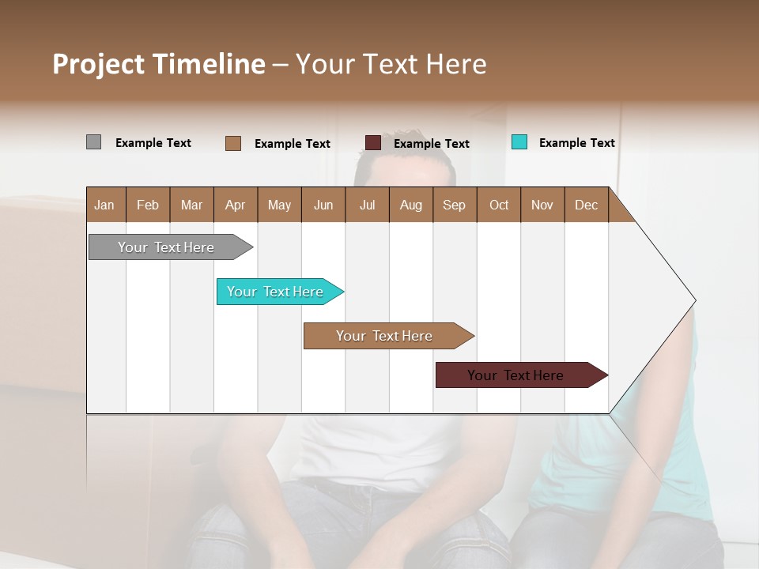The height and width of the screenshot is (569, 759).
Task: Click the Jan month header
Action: pos(105,205)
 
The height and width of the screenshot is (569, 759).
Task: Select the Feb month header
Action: pos(148,205)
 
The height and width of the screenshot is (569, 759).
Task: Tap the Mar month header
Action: pos(191,205)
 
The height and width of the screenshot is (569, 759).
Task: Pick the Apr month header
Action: pos(236,205)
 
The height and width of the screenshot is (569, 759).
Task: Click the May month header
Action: pos(279,205)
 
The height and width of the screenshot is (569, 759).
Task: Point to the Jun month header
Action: pos(323,205)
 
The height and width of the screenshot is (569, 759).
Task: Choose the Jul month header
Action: pos(367,205)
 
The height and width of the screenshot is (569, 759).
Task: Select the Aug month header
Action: pos(411,205)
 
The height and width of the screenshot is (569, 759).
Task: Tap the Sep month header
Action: pos(455,205)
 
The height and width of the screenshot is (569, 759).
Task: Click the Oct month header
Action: pos(499,205)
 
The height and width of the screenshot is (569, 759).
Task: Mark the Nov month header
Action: pos(542,205)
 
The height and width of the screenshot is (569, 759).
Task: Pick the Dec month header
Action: pos(587,205)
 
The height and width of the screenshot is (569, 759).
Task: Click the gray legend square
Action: pos(93,142)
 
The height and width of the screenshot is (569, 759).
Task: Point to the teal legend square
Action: pos(519,142)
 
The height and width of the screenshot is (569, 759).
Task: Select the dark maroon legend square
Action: pos(373,143)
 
